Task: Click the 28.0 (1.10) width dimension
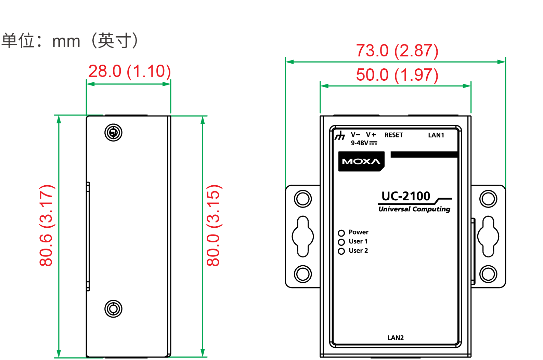pos(129,71)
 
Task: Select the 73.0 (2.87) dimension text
pos(397,51)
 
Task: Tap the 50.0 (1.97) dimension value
pos(397,75)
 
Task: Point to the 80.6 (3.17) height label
pos(47,225)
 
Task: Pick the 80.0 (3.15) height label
pos(214,225)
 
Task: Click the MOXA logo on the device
pos(361,161)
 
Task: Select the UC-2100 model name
pos(406,196)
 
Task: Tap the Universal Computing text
pos(414,209)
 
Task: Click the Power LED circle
pos(341,233)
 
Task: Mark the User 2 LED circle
pos(341,251)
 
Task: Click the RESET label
pos(393,135)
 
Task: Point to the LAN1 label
pos(436,135)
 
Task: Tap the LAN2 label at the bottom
pos(396,338)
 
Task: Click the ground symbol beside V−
pos(340,136)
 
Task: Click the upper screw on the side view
pos(113,133)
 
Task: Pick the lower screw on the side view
pos(113,309)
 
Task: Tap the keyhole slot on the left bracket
pos(303,236)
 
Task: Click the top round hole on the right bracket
pos(488,199)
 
